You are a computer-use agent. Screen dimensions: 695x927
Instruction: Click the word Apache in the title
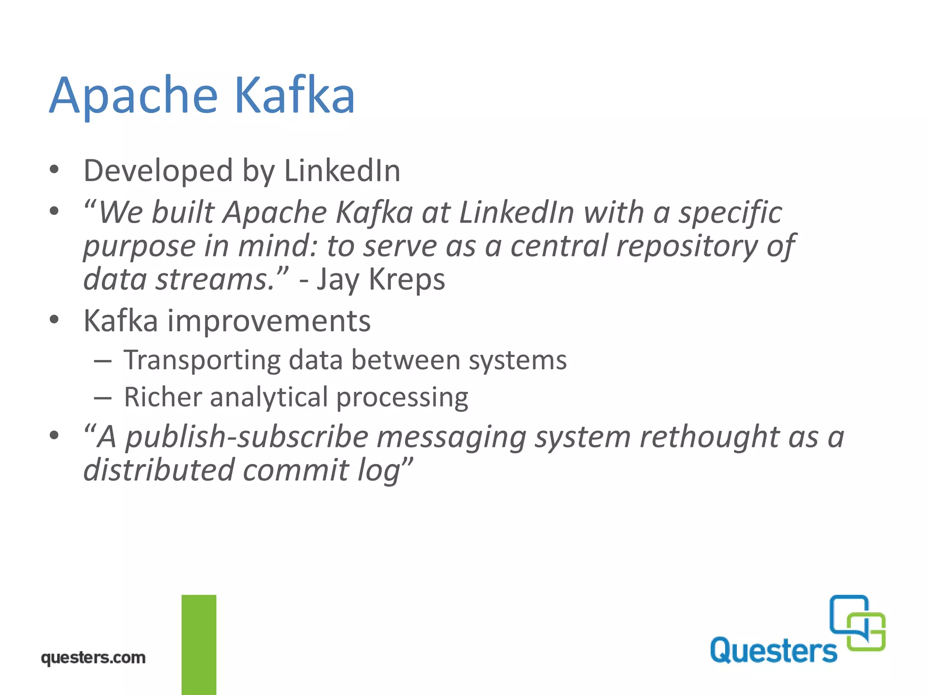(x=134, y=96)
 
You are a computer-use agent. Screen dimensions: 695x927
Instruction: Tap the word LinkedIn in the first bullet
(x=342, y=171)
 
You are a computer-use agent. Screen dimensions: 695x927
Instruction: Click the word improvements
(x=269, y=321)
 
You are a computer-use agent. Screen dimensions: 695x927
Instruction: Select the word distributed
(x=159, y=470)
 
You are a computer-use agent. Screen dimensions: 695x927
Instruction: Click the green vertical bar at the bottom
(x=199, y=644)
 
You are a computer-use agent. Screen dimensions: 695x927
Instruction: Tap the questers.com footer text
(x=93, y=657)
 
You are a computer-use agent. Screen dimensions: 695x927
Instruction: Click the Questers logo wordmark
(x=773, y=651)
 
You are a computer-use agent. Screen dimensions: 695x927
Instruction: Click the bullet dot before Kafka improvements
(x=54, y=320)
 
